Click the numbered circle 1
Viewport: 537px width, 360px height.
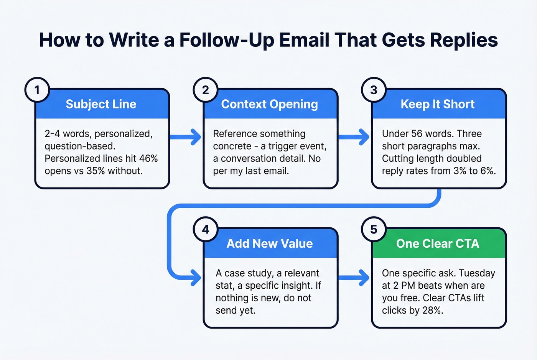pos(37,90)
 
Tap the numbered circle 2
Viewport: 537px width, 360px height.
pos(206,90)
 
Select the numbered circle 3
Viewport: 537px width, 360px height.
pos(374,90)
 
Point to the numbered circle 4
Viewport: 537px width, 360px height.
pos(206,229)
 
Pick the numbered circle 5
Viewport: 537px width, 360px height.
pos(374,229)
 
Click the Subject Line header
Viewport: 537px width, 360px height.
pos(101,104)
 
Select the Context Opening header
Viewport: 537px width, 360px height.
pos(270,104)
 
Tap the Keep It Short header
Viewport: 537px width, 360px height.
pos(438,104)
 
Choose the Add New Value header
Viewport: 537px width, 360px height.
pos(270,243)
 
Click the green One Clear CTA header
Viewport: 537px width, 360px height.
pos(438,243)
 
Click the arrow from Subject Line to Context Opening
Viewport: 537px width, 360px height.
pos(186,137)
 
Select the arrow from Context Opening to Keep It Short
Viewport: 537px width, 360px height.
pos(354,137)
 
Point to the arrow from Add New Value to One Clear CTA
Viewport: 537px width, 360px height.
pos(354,277)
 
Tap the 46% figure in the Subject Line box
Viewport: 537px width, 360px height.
pos(148,159)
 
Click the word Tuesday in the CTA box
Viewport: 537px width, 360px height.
pos(477,273)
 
